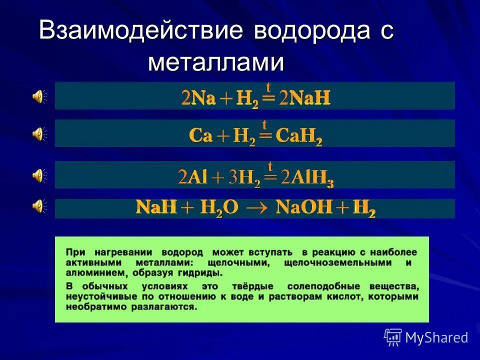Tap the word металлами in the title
pyautogui.click(x=216, y=63)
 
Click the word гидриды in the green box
pyautogui.click(x=202, y=273)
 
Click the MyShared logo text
pyautogui.click(x=436, y=337)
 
